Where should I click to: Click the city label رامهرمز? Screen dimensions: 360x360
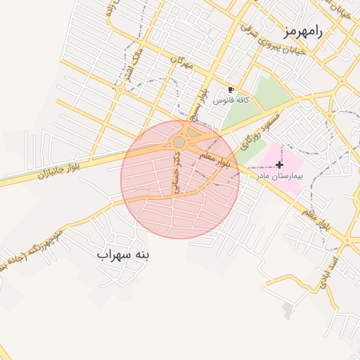tap(302, 32)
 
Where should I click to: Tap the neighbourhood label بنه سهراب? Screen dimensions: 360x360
tap(123, 255)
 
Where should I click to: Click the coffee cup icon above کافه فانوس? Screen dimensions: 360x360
tap(231, 91)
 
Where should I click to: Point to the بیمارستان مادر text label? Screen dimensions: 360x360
tap(280, 174)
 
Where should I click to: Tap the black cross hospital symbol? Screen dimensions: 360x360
tap(280, 164)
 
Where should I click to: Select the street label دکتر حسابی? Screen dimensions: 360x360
tap(177, 173)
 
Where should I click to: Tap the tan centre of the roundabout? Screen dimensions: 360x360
tap(179, 143)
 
